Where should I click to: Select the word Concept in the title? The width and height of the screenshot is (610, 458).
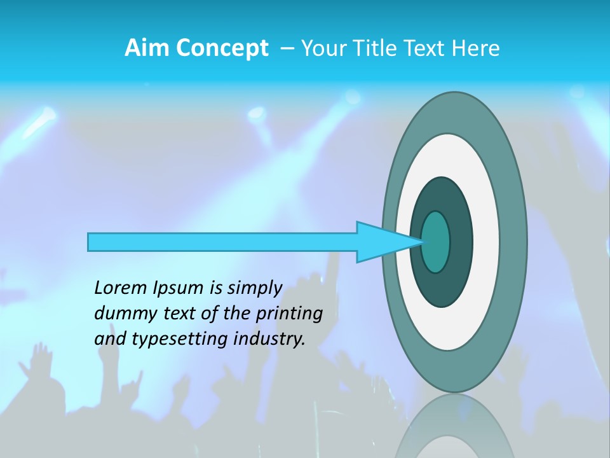(x=222, y=48)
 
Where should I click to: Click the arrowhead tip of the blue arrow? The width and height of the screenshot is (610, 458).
(x=421, y=242)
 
